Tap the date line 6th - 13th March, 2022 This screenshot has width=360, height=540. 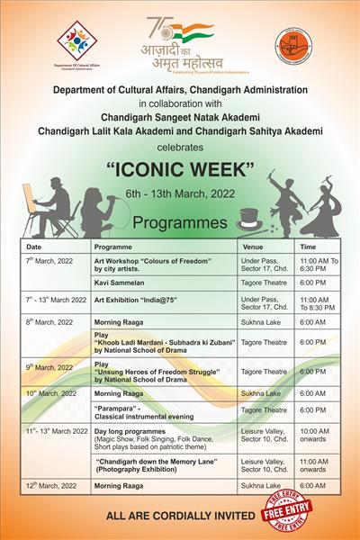[179, 193]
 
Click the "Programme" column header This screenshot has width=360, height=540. [113, 246]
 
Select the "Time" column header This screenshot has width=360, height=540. [308, 246]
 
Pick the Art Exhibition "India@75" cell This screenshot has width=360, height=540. [144, 299]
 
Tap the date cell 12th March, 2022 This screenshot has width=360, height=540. [50, 485]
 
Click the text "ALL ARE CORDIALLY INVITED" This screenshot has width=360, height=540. [181, 519]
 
